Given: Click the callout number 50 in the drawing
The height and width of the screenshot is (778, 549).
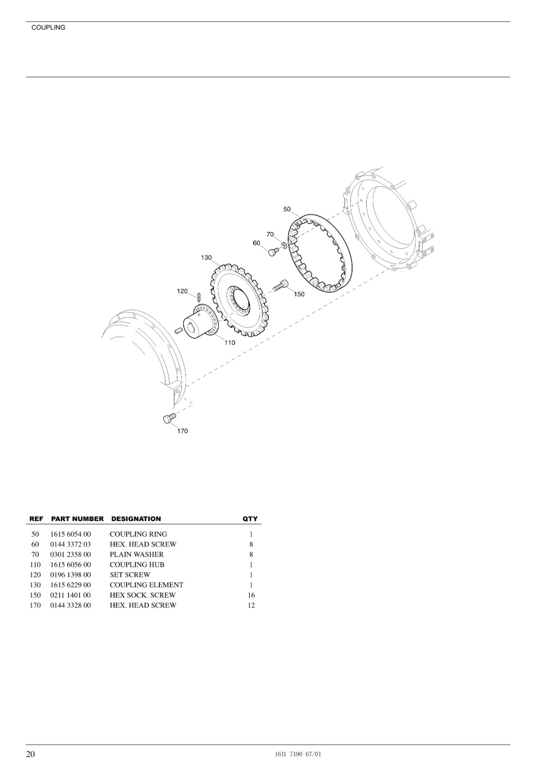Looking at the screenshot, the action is coord(287,209).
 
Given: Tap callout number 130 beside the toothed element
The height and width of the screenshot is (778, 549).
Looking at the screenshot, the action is coord(206,258).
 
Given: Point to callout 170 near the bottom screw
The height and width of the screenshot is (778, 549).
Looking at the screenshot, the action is coord(183,431).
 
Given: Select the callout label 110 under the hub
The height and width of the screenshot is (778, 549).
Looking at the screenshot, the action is coord(230,343).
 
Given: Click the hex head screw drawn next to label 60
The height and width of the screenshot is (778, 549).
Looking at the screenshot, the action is coord(274,251).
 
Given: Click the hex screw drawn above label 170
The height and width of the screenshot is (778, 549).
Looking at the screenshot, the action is coord(170,418).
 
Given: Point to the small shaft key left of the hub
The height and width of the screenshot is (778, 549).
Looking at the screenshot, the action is coord(178,330).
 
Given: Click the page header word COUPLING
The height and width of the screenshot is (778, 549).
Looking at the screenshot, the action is coord(48,28).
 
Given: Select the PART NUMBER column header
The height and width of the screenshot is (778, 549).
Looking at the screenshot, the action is coord(77,519).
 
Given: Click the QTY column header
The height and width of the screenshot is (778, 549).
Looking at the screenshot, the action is coord(250,519).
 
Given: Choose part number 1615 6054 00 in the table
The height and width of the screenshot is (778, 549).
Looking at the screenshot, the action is coord(70,534).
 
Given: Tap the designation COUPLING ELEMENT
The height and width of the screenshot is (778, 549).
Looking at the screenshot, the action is coord(146,585).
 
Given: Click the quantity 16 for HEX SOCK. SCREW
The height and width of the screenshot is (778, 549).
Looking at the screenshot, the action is coord(251,595).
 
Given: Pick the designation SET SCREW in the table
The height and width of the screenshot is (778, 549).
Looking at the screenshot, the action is coord(130,575).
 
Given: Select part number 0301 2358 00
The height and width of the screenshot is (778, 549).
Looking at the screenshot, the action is coord(70,554).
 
